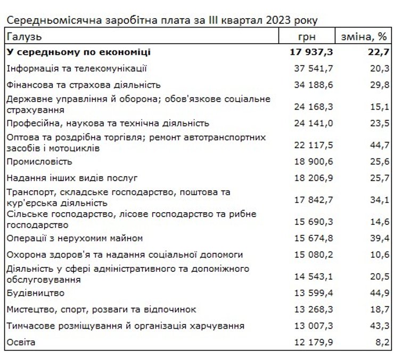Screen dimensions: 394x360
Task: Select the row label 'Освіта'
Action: point(21,342)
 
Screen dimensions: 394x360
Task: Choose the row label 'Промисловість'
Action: point(39,161)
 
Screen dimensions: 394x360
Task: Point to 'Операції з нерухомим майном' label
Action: point(75,238)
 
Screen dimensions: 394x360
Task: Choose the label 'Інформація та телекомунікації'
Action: point(77,68)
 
